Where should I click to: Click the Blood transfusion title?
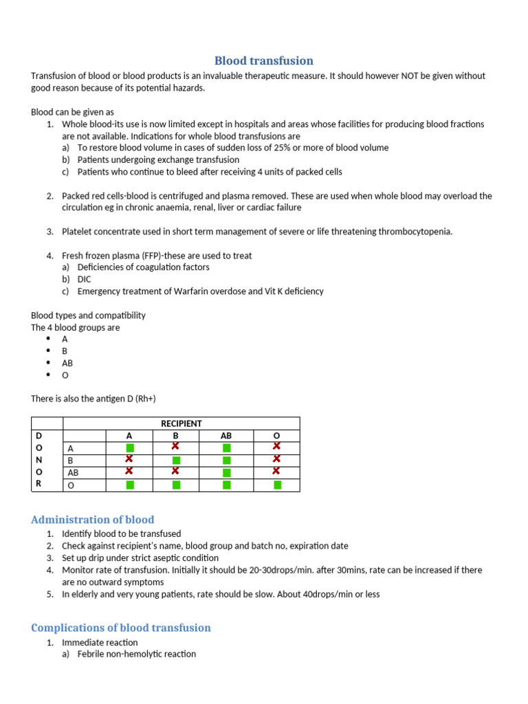(264, 60)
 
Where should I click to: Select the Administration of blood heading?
(93, 520)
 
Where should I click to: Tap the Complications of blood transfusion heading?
(121, 628)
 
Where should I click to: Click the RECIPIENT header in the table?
(181, 423)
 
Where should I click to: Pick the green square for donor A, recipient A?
(130, 448)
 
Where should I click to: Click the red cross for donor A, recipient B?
(176, 447)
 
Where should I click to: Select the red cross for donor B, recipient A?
(129, 459)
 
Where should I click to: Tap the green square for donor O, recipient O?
(277, 485)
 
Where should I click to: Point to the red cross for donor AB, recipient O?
(277, 472)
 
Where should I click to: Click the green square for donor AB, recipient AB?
(227, 473)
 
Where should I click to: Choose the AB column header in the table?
(226, 436)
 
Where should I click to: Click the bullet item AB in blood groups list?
(67, 363)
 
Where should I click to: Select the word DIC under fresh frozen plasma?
(85, 279)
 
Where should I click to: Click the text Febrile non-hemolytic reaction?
(137, 654)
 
